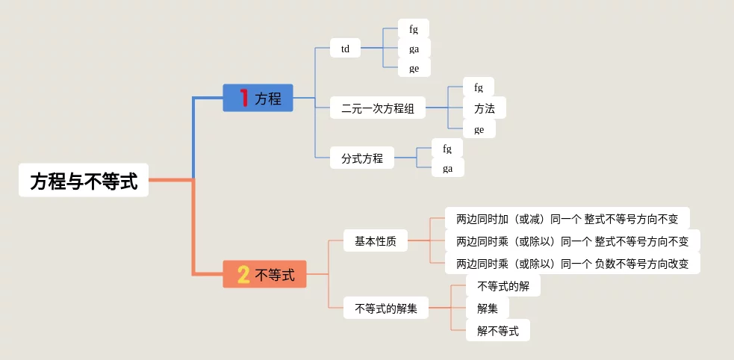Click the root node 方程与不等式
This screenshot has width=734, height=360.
[84, 181]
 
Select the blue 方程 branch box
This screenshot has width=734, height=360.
[258, 98]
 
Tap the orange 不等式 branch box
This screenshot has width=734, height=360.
[265, 274]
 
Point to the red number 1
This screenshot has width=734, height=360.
[243, 98]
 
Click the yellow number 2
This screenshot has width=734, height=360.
[243, 275]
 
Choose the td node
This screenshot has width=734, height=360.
[345, 49]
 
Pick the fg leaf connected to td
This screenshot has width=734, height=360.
[414, 29]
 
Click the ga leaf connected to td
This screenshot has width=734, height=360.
[414, 49]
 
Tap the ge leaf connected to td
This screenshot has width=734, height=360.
[414, 68]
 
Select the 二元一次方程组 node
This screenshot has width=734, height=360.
[377, 108]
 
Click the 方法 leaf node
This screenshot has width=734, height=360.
[484, 108]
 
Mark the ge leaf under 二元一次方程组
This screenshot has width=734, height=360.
[479, 129]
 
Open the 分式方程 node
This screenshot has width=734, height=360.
[362, 158]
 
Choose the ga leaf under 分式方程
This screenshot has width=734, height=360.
[447, 168]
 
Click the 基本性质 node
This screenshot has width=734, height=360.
[376, 240]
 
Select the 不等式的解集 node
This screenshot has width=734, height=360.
[386, 308]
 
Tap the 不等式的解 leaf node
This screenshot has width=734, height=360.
[503, 286]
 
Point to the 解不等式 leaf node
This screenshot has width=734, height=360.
[497, 330]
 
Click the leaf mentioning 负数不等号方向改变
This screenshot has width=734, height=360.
[572, 263]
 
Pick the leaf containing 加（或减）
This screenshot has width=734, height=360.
[567, 219]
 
